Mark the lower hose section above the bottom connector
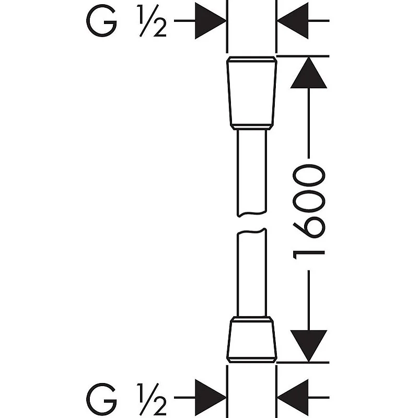(251, 274)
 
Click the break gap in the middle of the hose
(251, 222)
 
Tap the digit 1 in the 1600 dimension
(309, 253)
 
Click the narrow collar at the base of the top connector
(251, 127)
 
